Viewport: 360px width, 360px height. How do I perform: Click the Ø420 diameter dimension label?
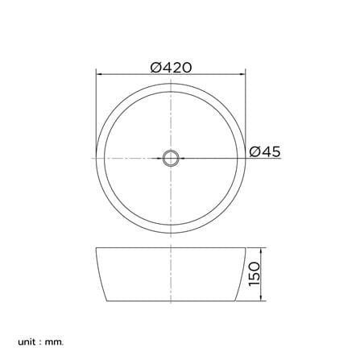[x=171, y=68]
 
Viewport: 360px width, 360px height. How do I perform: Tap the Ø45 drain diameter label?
[x=265, y=151]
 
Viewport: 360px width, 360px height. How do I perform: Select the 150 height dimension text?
[x=254, y=274]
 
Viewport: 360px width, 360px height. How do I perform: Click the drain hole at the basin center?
[x=171, y=159]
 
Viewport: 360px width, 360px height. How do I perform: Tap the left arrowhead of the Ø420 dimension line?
[x=99, y=74]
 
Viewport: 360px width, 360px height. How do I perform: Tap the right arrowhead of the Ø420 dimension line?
[x=242, y=74]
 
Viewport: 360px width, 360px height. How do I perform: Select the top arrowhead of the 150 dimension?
[x=261, y=250]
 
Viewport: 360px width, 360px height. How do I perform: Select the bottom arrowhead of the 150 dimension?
[x=261, y=298]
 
